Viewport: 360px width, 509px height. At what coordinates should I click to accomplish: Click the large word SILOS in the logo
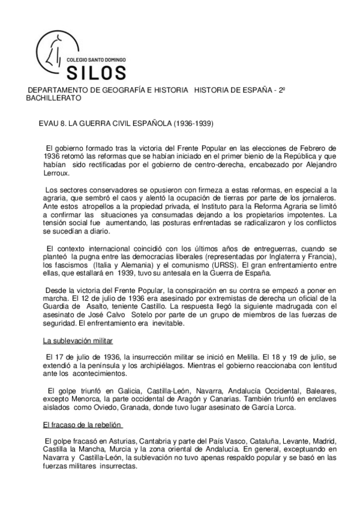(95, 73)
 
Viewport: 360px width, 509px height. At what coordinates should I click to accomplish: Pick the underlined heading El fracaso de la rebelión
(82, 425)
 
